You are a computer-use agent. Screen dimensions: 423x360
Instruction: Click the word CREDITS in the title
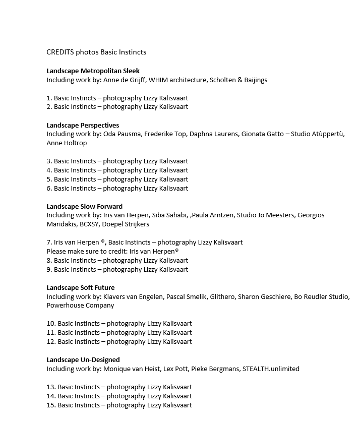click(60, 52)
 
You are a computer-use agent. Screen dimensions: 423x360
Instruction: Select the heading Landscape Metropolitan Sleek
click(93, 71)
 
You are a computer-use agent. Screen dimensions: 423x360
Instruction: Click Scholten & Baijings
click(238, 80)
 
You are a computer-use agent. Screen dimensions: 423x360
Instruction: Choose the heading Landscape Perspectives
click(83, 125)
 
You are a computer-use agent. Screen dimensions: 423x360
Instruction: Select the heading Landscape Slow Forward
click(84, 206)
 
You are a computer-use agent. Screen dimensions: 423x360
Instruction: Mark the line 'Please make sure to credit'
click(112, 252)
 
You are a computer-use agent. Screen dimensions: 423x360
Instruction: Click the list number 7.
click(49, 243)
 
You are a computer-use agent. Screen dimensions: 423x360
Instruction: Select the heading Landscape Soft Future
click(80, 288)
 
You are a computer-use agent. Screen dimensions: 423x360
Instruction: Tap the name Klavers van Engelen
click(133, 297)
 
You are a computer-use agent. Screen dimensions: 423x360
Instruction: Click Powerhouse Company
click(80, 306)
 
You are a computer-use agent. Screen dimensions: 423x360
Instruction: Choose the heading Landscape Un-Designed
click(83, 360)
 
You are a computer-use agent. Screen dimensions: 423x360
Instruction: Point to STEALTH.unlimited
click(271, 369)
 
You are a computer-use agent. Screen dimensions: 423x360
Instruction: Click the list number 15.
click(51, 405)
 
